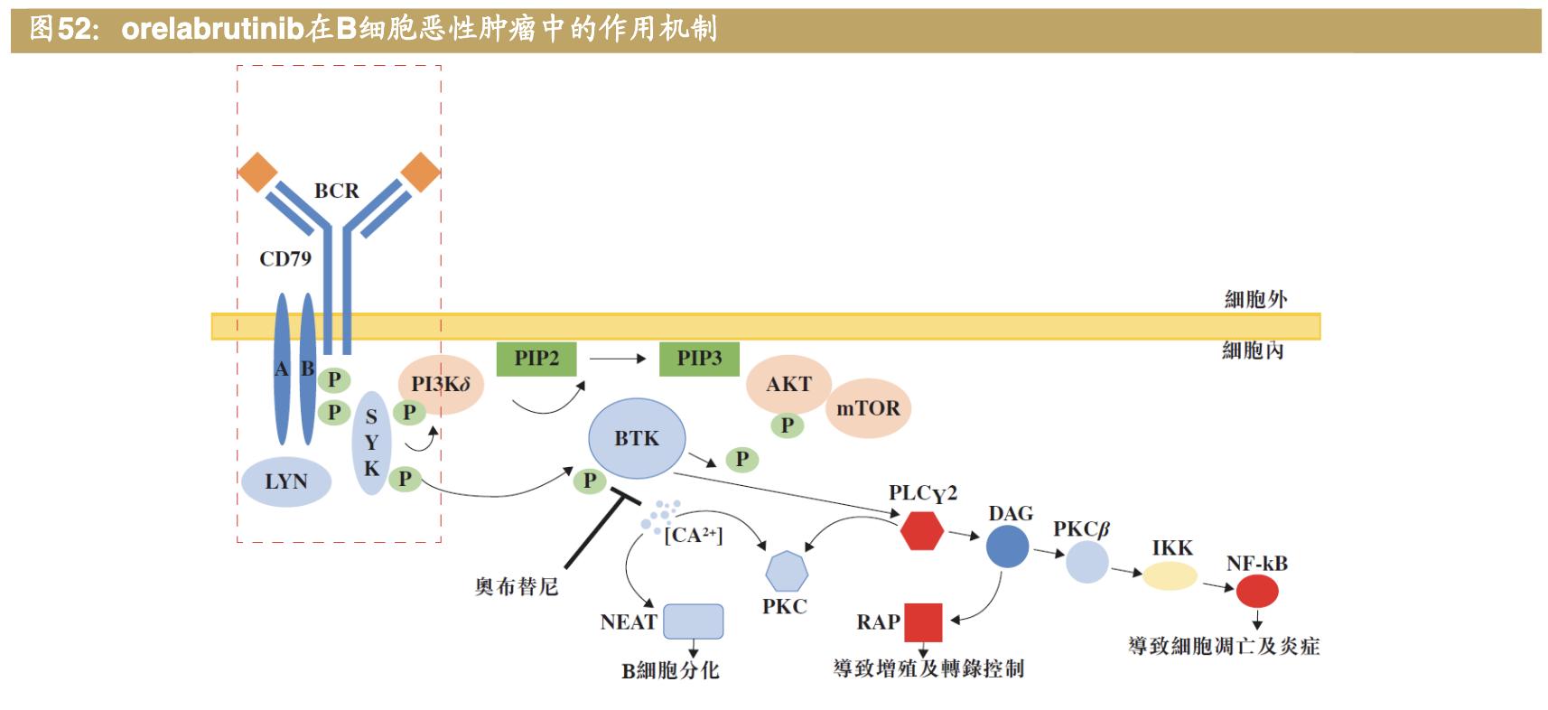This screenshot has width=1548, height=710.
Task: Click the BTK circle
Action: point(637,439)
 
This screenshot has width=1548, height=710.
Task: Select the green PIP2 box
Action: point(536,359)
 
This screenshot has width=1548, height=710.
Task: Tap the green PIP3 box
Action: point(699,359)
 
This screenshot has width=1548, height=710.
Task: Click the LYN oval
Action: point(286,481)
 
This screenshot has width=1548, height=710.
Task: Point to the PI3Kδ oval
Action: point(441,384)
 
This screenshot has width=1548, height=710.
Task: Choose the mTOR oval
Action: point(868,408)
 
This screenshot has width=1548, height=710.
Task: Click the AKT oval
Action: point(788,384)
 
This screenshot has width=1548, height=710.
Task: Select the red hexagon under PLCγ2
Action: point(922,530)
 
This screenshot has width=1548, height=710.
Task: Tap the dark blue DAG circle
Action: point(1007,547)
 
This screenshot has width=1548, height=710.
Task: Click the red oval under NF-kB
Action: point(1257,592)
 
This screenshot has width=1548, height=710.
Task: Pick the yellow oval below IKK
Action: point(1170,575)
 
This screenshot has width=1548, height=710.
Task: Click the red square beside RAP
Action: point(923,622)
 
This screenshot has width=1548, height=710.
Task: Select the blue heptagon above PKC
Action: point(786,572)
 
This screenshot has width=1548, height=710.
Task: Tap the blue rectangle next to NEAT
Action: point(694,621)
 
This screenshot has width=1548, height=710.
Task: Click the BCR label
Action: point(336,191)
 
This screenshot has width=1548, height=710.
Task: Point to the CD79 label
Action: point(285,259)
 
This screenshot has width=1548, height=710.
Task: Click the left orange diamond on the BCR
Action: point(257,173)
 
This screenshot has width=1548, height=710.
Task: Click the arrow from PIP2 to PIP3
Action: point(618,359)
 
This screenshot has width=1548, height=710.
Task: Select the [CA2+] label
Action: point(694,535)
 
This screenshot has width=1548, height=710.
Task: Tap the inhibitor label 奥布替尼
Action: point(517,587)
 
